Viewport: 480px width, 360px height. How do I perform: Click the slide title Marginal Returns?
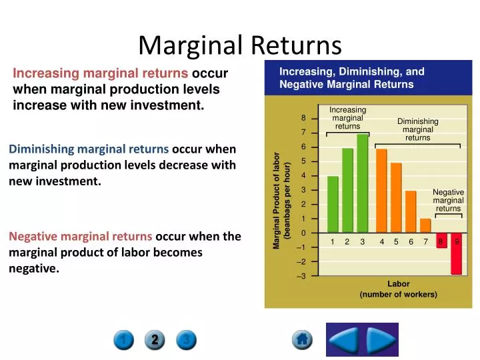click(x=239, y=45)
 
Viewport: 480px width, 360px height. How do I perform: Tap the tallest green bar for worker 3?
click(x=363, y=183)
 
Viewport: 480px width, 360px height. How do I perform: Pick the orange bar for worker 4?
click(x=381, y=191)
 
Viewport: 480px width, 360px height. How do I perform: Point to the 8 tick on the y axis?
click(x=303, y=119)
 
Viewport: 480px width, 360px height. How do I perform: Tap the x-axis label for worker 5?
click(x=396, y=242)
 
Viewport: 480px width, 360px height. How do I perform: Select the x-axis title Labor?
click(x=398, y=284)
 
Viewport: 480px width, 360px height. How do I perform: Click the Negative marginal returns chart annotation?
click(x=448, y=200)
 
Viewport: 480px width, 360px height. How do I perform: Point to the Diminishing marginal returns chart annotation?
click(x=418, y=129)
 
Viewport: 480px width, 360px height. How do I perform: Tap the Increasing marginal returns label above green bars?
click(x=347, y=118)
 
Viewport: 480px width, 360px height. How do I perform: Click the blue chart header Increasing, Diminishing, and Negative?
click(x=351, y=78)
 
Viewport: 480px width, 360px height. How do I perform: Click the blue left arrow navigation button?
click(x=345, y=340)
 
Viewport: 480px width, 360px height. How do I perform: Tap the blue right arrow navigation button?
click(x=381, y=340)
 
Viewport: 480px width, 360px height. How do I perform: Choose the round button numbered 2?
click(x=155, y=341)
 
